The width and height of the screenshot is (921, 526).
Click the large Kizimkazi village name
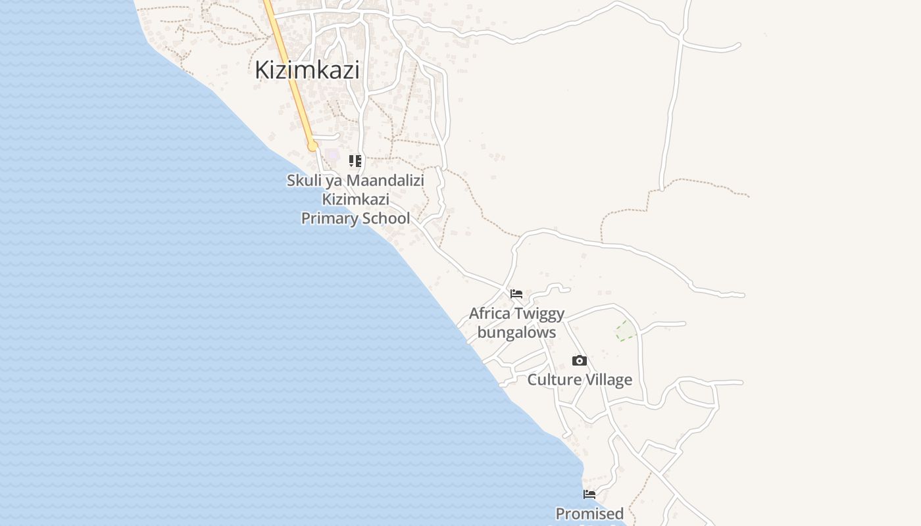click(307, 70)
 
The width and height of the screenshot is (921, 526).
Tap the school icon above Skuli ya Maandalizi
click(355, 161)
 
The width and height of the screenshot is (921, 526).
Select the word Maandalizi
click(386, 180)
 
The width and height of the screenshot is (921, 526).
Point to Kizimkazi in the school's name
click(355, 199)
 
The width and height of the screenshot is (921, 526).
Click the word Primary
click(327, 218)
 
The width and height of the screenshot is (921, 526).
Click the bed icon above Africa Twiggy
click(516, 293)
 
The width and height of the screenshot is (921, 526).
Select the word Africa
click(489, 314)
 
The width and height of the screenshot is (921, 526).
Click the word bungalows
click(516, 333)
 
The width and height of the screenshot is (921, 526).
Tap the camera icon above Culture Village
click(580, 360)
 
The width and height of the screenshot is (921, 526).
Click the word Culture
click(555, 380)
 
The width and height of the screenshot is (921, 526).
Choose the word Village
click(609, 380)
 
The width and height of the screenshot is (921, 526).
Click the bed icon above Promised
click(589, 494)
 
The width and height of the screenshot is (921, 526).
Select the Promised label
click(589, 514)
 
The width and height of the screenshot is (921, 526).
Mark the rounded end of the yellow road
click(312, 146)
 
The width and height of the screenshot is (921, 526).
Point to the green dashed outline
click(626, 331)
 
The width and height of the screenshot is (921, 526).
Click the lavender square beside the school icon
click(333, 156)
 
